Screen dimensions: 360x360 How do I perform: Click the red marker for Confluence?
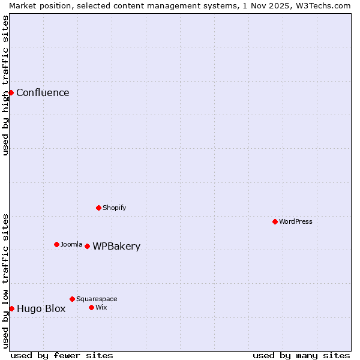click(11, 92)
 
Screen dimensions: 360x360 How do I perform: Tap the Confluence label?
click(43, 92)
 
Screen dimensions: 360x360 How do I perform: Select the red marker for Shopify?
click(98, 208)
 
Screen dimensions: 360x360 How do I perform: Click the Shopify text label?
click(114, 208)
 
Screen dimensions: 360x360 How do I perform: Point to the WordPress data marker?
click(275, 221)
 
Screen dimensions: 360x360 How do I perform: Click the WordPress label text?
click(295, 221)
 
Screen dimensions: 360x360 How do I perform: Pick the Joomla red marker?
click(56, 244)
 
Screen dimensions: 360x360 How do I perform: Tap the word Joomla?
click(71, 244)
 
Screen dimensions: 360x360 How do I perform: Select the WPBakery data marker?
click(87, 246)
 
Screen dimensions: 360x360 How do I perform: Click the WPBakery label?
click(116, 246)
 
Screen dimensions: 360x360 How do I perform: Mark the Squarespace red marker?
click(72, 299)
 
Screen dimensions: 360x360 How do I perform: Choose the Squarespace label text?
click(97, 299)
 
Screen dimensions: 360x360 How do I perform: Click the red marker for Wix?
click(91, 307)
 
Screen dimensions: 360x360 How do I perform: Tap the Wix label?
click(101, 307)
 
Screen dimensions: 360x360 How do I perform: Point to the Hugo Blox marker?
click(11, 308)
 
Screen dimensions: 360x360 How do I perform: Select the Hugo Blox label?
click(41, 309)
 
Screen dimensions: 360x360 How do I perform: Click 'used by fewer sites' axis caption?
click(62, 355)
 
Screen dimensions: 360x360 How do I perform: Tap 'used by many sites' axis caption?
click(301, 355)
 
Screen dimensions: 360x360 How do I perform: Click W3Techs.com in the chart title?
click(328, 5)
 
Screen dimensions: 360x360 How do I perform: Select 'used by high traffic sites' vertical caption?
click(5, 85)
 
